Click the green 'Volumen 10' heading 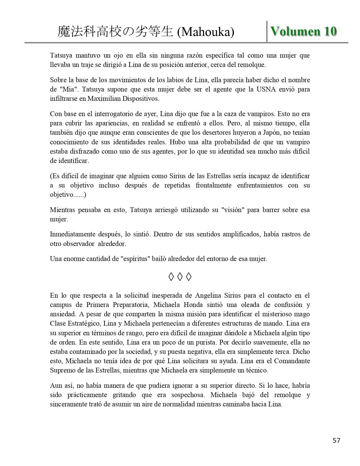tap(304, 31)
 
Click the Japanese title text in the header tap(115, 32)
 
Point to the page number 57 tap(336, 440)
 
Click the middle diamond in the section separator tap(180, 277)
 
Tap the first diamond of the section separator tap(171, 277)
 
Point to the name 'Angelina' tap(208, 296)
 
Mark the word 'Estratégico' tap(82, 324)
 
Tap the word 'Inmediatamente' tap(72, 234)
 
